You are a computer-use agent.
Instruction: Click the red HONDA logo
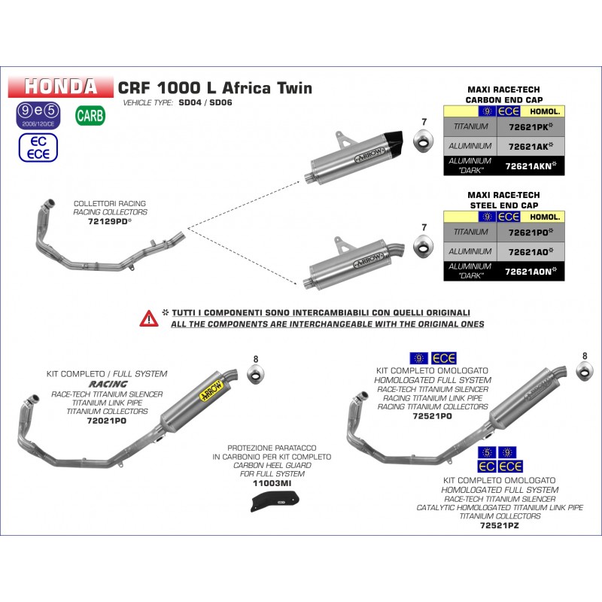[x=60, y=87]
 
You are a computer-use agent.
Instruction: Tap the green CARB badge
[x=90, y=116]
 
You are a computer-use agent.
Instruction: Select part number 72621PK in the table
[x=530, y=128]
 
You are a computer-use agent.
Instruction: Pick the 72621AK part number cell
[x=530, y=146]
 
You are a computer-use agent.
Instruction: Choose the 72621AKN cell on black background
[x=531, y=166]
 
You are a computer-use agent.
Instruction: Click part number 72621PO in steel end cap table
[x=530, y=233]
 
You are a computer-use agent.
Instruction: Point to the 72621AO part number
[x=530, y=251]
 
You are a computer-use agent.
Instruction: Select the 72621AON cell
[x=531, y=271]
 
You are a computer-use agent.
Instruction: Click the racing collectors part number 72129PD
[x=109, y=222]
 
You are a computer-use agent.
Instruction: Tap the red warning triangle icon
[x=148, y=318]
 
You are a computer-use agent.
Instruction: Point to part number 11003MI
[x=272, y=483]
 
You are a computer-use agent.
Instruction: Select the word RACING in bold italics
[x=108, y=384]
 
